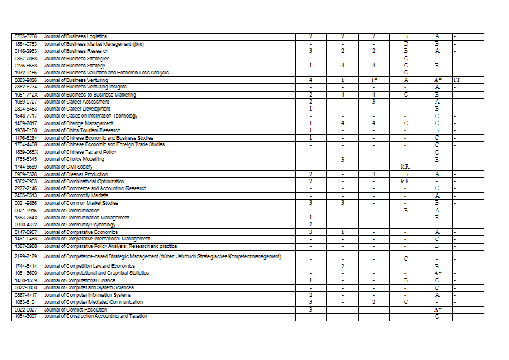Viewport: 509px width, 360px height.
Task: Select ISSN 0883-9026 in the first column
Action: coord(27,80)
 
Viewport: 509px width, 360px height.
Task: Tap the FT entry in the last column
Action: coord(456,80)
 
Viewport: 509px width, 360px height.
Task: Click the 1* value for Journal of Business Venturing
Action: coord(374,80)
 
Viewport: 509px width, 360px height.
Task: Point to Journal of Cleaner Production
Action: coord(76,174)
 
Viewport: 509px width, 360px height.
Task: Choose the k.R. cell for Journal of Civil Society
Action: coord(405,167)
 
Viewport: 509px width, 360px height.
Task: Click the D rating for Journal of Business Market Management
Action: coord(405,44)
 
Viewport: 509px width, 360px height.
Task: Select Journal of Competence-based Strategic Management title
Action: coord(162,256)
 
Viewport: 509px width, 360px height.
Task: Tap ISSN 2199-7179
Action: coord(27,256)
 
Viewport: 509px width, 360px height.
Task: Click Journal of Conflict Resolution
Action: coord(76,310)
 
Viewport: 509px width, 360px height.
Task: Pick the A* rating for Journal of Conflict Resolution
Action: coord(437,310)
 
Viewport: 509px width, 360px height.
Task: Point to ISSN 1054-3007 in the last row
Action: coord(27,316)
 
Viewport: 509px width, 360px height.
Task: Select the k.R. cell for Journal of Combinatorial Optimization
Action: coord(405,181)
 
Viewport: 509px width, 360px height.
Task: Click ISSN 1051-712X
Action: coord(27,95)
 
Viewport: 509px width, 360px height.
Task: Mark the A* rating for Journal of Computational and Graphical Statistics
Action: coord(437,273)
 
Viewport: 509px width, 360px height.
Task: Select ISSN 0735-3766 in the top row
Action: coord(27,36)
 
